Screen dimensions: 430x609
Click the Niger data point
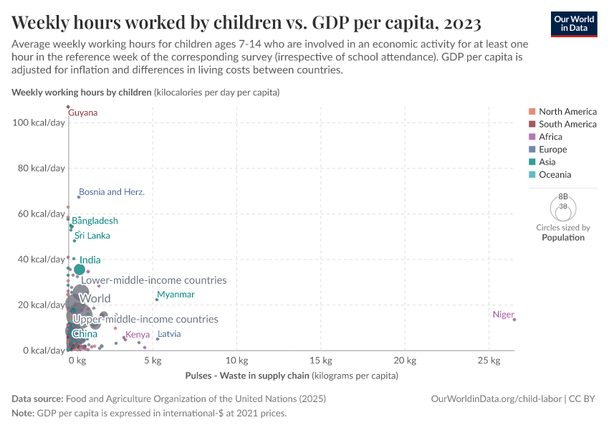coord(514,319)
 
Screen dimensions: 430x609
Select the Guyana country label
coord(83,113)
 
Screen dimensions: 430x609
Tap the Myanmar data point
coord(157,300)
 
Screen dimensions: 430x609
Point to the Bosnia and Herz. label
coord(112,192)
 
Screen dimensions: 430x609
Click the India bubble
coord(80,269)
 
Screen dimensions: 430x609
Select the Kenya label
coord(138,335)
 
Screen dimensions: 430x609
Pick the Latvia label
coord(169,334)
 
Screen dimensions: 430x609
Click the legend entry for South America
coord(567,124)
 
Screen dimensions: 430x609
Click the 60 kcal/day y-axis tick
coord(41,214)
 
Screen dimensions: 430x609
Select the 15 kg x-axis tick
coord(321,360)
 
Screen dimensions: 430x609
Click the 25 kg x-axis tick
coord(489,360)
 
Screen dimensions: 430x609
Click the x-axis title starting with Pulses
coord(291,376)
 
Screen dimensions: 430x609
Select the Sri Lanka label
coord(92,236)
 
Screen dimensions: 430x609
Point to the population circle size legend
coord(562,208)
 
